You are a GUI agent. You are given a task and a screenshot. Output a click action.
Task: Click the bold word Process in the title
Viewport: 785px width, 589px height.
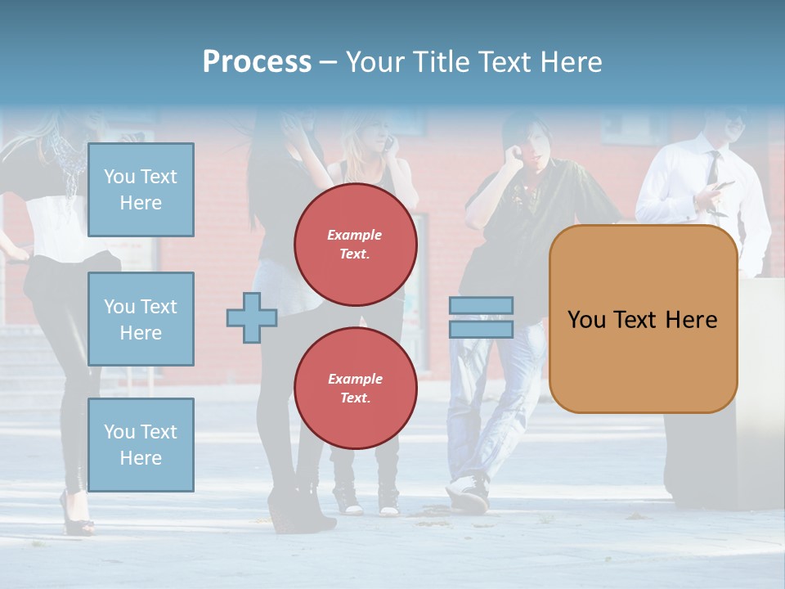pos(257,62)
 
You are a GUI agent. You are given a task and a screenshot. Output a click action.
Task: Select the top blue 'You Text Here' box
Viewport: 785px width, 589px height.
pos(141,190)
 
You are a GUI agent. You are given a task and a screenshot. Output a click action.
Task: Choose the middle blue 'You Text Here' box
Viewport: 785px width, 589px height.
pos(141,319)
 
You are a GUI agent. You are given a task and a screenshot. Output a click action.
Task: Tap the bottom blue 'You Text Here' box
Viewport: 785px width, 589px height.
pos(141,444)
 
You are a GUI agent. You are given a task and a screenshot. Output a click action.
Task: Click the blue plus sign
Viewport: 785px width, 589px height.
pos(252,317)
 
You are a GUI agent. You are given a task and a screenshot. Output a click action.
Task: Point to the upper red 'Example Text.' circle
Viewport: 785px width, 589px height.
pos(356,245)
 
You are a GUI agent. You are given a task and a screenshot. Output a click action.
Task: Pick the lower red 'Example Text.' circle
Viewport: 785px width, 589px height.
pos(356,389)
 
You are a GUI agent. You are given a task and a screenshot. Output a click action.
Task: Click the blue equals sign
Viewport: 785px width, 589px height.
pos(482,317)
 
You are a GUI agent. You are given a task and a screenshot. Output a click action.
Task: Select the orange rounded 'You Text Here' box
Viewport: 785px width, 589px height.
pos(643,319)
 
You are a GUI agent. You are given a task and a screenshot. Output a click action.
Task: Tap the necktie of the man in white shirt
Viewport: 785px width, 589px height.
pos(713,172)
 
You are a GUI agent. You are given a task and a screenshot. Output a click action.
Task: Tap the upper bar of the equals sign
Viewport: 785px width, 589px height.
pos(482,305)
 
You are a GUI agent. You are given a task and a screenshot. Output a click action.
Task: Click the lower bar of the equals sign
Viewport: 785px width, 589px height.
pos(482,330)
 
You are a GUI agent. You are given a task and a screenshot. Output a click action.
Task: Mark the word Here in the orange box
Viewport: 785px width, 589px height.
pos(692,320)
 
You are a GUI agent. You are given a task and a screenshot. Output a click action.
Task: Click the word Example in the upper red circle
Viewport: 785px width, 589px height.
pos(355,235)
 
